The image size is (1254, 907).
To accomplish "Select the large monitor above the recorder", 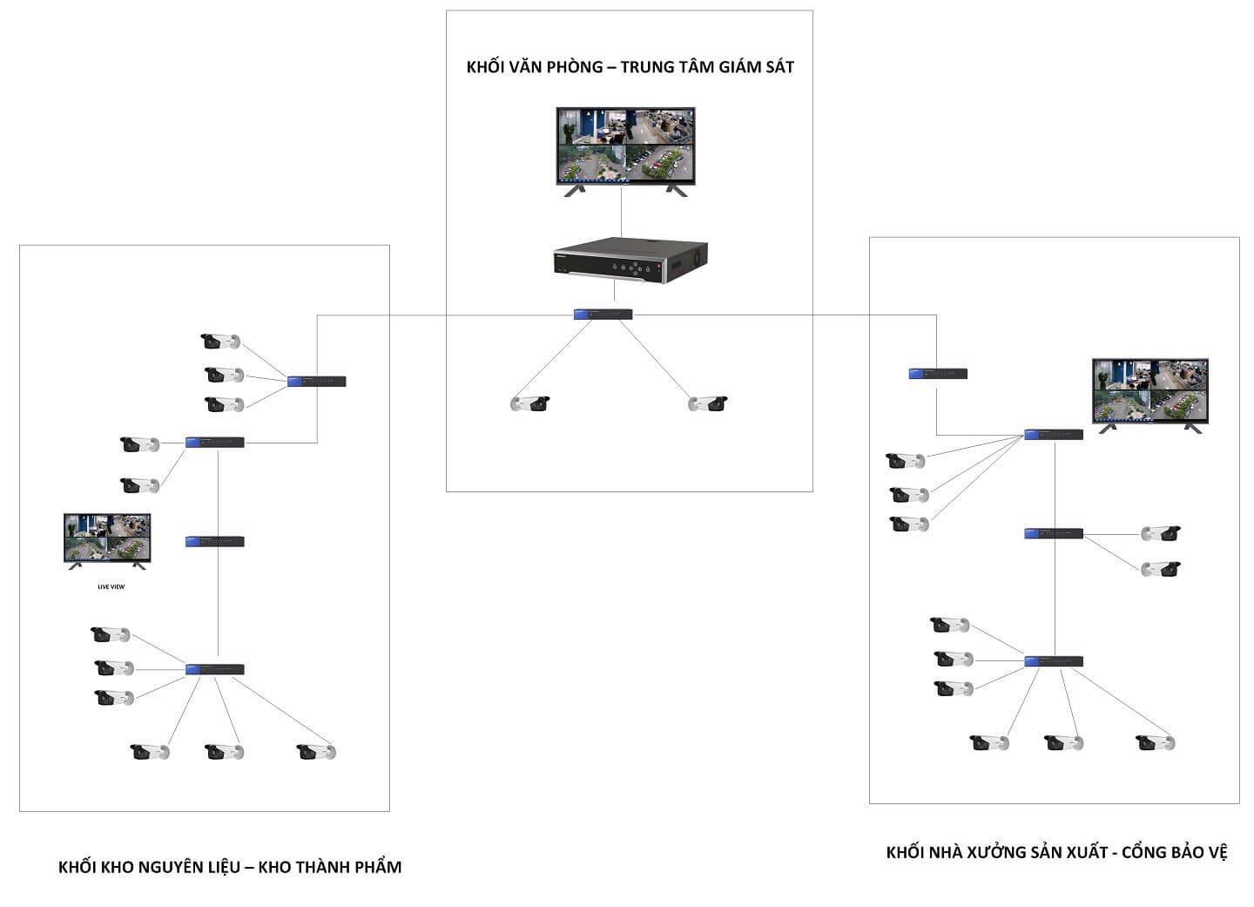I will point(625,146).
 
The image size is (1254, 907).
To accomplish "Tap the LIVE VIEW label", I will point(111,586).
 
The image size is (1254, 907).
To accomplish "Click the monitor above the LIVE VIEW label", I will point(106,538).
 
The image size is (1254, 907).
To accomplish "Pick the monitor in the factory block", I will point(1149,391).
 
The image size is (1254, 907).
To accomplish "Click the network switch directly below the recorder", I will point(603,315).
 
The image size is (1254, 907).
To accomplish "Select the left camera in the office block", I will point(529,403).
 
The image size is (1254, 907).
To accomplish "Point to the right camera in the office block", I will point(707,403).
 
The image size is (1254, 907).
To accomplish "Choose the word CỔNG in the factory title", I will point(1145,852).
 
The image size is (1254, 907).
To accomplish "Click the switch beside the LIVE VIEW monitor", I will point(214,541).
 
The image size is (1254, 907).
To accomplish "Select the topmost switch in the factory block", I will point(938,374).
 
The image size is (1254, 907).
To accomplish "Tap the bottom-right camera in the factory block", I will point(1156,743).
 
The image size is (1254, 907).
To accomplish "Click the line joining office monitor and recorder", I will point(621,211).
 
